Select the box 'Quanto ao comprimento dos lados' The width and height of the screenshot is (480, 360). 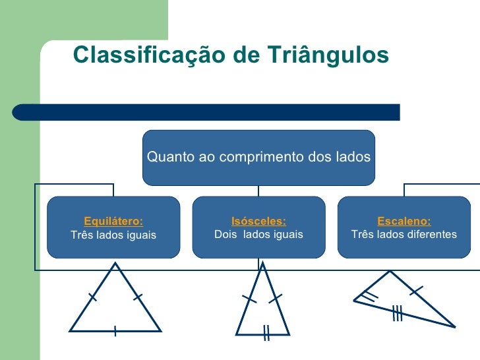[258, 158]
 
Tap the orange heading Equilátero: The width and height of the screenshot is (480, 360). [113, 222]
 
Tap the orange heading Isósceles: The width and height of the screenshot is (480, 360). [258, 222]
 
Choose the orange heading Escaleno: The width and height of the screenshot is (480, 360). [404, 222]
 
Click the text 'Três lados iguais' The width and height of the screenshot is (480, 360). [113, 235]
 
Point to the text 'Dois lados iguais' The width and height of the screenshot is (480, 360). [258, 235]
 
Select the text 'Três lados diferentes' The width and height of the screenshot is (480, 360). [404, 235]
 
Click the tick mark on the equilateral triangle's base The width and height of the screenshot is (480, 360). [115, 330]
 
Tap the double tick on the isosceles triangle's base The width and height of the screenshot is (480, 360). [266, 333]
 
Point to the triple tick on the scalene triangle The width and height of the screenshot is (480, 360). [397, 314]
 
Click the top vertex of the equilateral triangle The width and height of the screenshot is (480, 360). [116, 264]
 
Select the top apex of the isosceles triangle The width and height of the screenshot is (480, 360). [263, 264]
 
